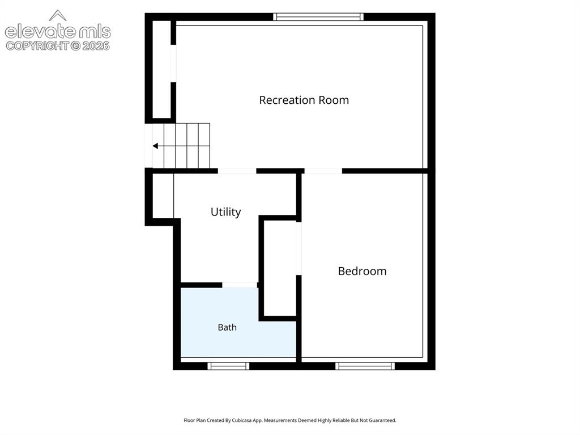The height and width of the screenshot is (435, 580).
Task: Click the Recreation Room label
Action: (304, 100)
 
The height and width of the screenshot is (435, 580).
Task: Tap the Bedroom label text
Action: (362, 271)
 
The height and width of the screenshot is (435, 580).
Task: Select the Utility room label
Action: (225, 212)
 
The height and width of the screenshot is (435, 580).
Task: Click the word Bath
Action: (227, 327)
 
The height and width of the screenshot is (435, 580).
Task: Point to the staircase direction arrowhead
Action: (155, 146)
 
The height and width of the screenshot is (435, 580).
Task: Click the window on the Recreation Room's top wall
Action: (318, 16)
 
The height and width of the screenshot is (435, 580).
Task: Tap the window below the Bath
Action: (228, 366)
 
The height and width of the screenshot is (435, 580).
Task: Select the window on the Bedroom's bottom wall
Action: (365, 366)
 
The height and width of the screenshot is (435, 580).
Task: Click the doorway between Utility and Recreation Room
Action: (237, 171)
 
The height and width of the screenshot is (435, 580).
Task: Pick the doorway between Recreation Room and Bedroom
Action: (323, 171)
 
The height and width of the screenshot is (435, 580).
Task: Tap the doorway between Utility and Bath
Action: (240, 285)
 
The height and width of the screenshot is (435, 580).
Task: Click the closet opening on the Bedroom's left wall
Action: (299, 248)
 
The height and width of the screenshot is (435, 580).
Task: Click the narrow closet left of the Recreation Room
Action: (161, 69)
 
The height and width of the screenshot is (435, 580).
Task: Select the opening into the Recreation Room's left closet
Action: (173, 64)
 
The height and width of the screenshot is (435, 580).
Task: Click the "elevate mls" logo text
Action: (58, 32)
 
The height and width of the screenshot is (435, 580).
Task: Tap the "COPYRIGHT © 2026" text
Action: (58, 46)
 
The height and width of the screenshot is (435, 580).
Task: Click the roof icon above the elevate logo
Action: (58, 15)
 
